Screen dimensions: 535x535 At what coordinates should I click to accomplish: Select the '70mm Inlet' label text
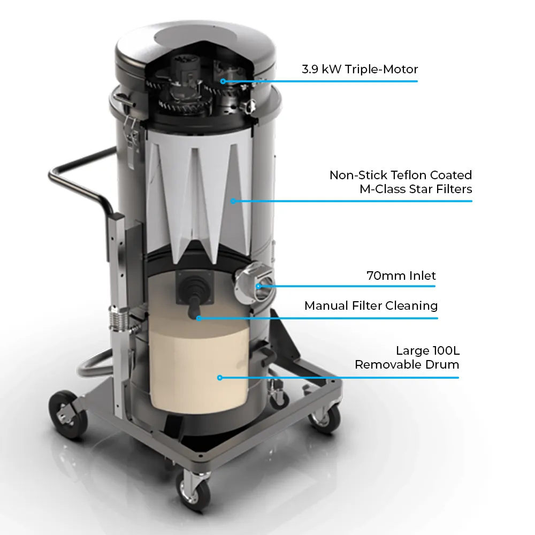[401, 276]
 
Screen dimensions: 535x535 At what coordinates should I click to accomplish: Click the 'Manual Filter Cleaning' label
[371, 305]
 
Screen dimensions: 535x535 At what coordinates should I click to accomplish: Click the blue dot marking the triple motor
[223, 81]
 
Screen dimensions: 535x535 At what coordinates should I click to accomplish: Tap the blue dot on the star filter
[233, 201]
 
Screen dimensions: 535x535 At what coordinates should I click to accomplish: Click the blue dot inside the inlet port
[258, 286]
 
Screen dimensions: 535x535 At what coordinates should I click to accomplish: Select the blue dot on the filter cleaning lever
[198, 318]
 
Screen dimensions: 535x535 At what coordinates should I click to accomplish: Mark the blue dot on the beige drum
[219, 378]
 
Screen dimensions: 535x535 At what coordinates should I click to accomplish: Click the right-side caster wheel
[325, 417]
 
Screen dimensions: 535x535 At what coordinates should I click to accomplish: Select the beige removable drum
[198, 369]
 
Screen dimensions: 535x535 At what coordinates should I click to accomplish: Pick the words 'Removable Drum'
[407, 365]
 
